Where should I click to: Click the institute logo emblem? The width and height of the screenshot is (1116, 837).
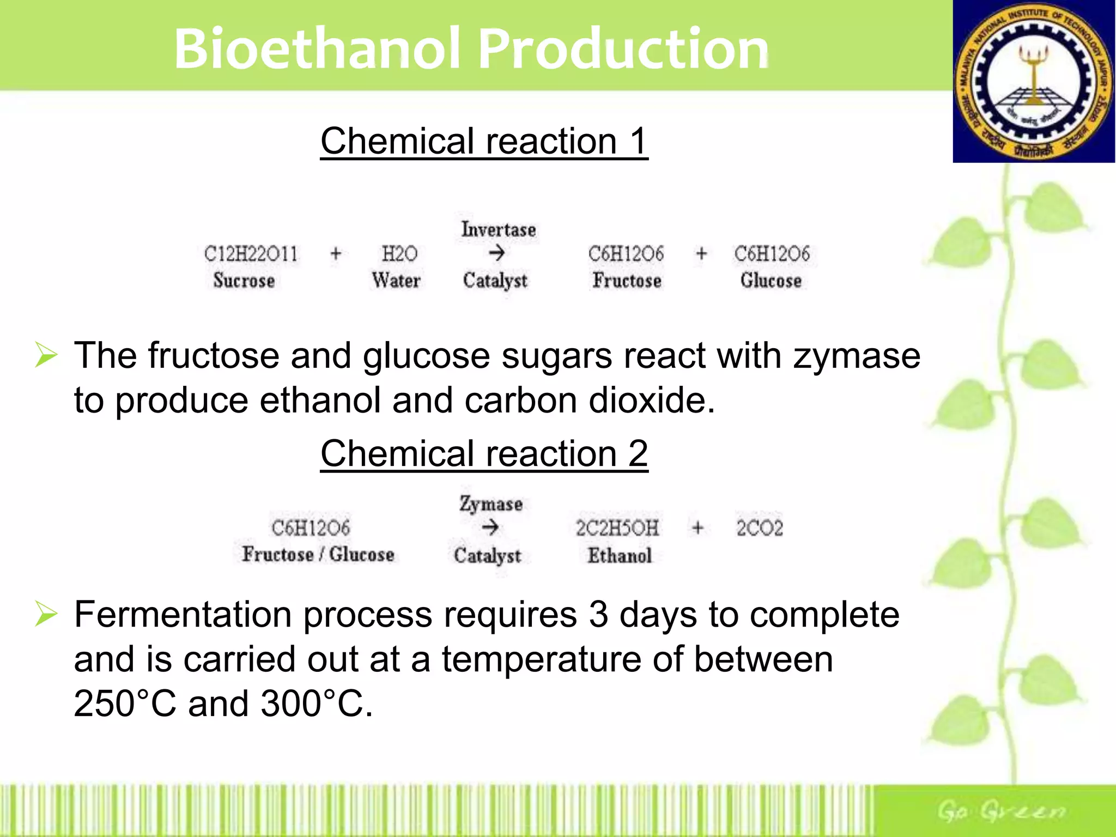click(1034, 82)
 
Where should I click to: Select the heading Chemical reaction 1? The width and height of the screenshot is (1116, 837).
click(484, 141)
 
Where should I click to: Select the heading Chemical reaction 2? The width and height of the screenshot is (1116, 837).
click(484, 453)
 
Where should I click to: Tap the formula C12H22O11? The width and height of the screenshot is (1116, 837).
click(251, 254)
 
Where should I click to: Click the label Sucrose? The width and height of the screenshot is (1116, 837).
click(244, 281)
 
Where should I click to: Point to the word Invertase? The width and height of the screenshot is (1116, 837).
click(498, 229)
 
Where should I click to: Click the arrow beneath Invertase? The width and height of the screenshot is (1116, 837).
click(496, 253)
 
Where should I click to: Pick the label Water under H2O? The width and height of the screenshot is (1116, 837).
click(396, 281)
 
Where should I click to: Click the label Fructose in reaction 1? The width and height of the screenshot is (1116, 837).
click(627, 281)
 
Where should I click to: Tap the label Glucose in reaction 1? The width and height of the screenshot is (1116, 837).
click(771, 281)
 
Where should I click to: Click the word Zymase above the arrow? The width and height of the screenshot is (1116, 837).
click(490, 504)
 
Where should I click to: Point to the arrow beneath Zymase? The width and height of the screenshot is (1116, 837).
click(490, 527)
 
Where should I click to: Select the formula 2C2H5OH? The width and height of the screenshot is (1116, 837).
click(617, 528)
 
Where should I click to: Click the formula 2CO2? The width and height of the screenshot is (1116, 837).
click(759, 528)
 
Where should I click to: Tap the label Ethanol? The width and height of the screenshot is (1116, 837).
click(619, 556)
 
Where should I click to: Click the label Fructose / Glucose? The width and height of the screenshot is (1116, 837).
click(318, 554)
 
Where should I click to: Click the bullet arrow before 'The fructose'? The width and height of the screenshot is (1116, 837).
click(46, 355)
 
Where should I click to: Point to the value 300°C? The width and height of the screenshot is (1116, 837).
click(316, 703)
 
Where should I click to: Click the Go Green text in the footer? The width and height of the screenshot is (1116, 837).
click(1000, 811)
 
